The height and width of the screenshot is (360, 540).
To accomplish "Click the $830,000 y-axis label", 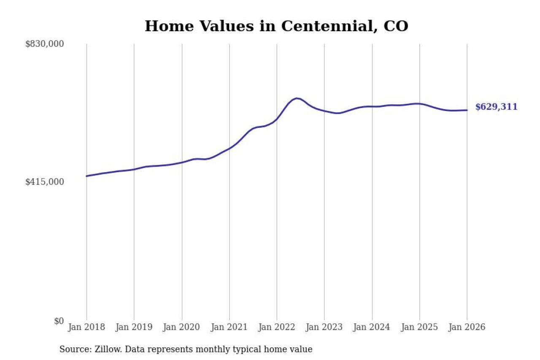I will (45, 44).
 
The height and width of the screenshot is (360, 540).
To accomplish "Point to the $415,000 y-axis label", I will (45, 182).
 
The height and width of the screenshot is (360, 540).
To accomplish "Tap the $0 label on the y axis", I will (59, 321).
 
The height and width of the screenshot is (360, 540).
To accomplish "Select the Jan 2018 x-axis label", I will (86, 328).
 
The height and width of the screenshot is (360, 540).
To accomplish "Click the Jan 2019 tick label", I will (134, 328).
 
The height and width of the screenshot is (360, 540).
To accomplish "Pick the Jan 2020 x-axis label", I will (182, 328).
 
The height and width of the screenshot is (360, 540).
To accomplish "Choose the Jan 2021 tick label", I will (229, 328).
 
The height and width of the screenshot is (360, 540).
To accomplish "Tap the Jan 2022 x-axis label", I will (277, 328).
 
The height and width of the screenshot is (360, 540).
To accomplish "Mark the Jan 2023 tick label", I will (324, 328).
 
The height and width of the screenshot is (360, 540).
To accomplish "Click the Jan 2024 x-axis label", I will (372, 328).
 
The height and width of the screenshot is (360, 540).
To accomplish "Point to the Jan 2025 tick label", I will (419, 328).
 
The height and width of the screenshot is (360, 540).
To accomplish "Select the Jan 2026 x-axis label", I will (467, 328).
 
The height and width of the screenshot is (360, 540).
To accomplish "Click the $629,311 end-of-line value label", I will (496, 107).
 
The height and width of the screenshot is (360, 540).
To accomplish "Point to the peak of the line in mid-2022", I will (297, 98).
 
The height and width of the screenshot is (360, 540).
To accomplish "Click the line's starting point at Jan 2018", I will (86, 176).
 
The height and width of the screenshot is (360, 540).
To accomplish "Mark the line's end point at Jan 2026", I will (467, 110).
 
